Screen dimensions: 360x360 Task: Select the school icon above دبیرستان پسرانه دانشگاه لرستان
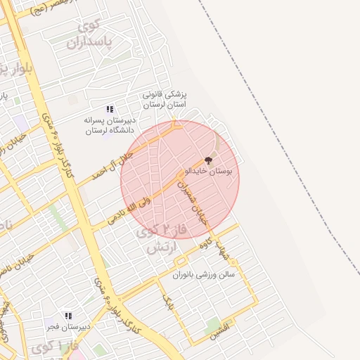[109, 109]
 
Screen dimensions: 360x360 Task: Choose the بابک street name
[168, 302]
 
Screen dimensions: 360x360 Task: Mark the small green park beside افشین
[213, 324]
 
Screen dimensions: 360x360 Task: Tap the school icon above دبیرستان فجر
[68, 316]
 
